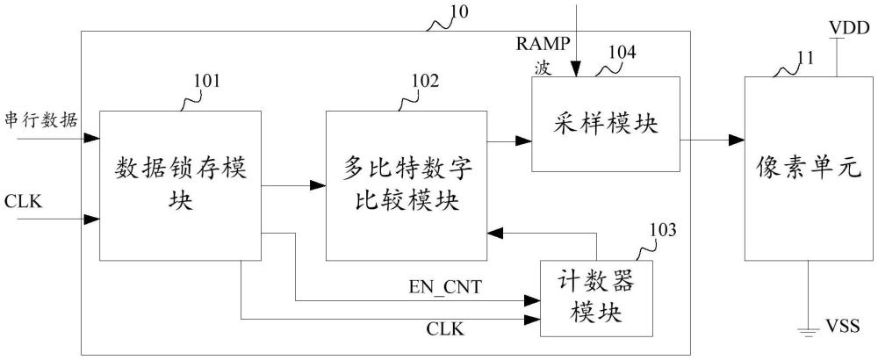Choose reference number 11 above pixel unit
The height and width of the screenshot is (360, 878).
tap(804, 58)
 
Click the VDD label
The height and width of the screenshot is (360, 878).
tap(849, 30)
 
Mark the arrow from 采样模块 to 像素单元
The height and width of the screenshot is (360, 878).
tap(712, 139)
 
